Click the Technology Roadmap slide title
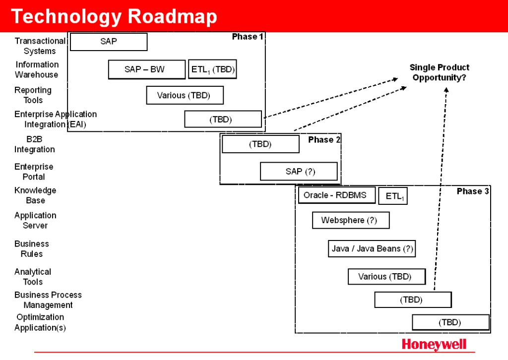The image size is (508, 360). tap(114, 16)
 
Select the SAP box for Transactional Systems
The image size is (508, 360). tap(109, 42)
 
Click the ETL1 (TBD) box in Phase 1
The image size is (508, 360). tap(212, 69)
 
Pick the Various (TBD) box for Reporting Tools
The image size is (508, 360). tap(185, 95)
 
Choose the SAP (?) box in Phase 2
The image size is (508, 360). tap(299, 172)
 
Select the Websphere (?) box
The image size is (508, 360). tap(350, 220)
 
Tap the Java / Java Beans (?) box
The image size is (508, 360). tap(372, 248)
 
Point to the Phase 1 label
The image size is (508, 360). tap(248, 37)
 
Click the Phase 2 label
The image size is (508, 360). tap(324, 140)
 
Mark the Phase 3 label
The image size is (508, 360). tap(473, 191)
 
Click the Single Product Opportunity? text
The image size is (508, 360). tap(439, 72)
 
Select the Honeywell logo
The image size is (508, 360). tap(434, 344)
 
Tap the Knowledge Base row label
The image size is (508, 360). tap(35, 195)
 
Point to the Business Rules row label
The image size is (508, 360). tap(32, 249)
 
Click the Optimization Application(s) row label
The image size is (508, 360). tap(40, 322)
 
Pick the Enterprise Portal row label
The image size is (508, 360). tap(34, 172)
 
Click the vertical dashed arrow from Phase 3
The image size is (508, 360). tap(441, 188)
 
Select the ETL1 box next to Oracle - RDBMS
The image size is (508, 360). tap(393, 196)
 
